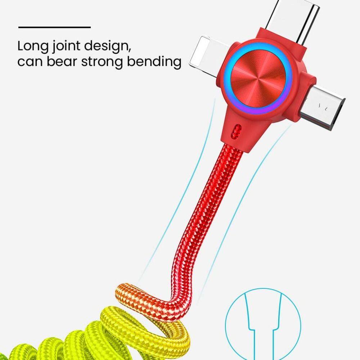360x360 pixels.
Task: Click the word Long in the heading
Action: point(33,46)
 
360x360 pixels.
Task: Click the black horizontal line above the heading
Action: point(54,27)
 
